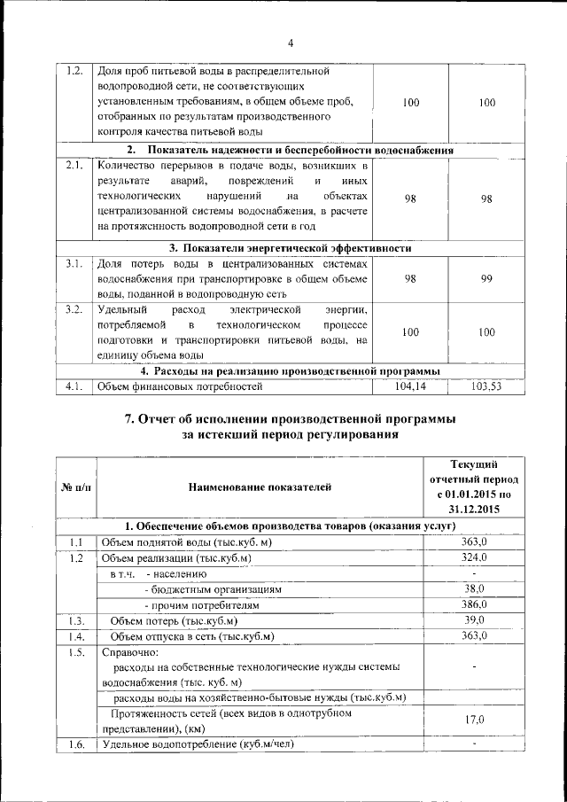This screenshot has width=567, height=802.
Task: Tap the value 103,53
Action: click(485, 386)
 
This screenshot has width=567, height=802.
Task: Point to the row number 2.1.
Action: click(74, 165)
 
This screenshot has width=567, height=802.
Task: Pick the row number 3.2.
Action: click(74, 309)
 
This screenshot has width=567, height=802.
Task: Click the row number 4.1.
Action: click(74, 386)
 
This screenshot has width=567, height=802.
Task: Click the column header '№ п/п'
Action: click(74, 487)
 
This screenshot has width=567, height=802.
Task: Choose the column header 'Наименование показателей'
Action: click(260, 487)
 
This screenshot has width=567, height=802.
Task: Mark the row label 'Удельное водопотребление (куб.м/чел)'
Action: click(197, 744)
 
